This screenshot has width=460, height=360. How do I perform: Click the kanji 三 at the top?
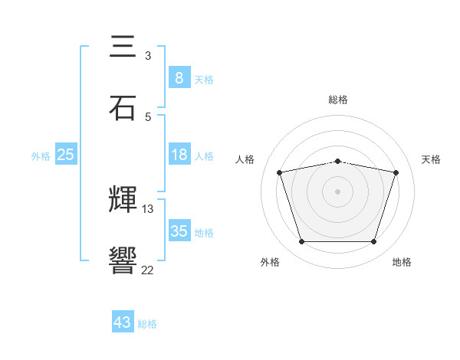pyautogui.click(x=123, y=47)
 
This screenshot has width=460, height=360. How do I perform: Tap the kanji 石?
pyautogui.click(x=123, y=107)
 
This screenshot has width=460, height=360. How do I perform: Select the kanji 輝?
pyautogui.click(x=123, y=201)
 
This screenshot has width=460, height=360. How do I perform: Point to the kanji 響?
pyautogui.click(x=123, y=260)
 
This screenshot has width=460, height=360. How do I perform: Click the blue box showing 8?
pyautogui.click(x=179, y=77)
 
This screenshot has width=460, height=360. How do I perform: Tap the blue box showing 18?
pyautogui.click(x=179, y=155)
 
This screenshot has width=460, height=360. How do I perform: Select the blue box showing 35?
pyautogui.click(x=179, y=231)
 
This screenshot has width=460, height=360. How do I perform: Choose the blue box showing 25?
pyautogui.click(x=66, y=155)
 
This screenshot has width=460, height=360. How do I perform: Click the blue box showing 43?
pyautogui.click(x=123, y=322)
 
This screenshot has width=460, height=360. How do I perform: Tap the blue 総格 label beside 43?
pyautogui.click(x=147, y=324)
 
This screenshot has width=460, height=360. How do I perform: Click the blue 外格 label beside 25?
pyautogui.click(x=41, y=156)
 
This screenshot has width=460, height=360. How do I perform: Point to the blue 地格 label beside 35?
pyautogui.click(x=204, y=232)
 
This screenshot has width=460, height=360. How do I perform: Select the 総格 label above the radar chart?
pyautogui.click(x=338, y=100)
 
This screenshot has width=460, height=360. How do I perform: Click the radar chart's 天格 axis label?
pyautogui.click(x=431, y=159)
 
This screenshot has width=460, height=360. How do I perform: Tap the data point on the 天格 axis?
pyautogui.click(x=396, y=173)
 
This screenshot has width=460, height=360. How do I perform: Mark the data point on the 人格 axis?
pyautogui.click(x=280, y=173)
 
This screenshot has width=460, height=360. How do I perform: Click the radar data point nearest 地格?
pyautogui.click(x=373, y=242)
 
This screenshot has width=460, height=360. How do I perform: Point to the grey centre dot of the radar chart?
pyautogui.click(x=338, y=191)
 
